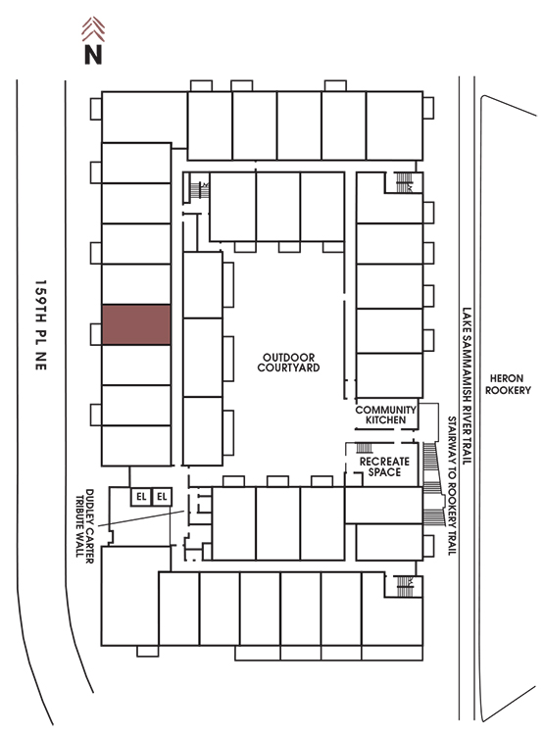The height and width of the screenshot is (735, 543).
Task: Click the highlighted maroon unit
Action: (136, 324)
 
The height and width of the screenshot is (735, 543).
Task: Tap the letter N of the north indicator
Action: (93, 54)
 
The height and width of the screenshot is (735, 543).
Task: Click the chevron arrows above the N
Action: (93, 28)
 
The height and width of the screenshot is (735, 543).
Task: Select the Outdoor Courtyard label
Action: (288, 363)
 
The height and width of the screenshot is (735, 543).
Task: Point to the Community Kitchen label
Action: (385, 415)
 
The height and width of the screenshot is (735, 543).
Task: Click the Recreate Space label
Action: (384, 466)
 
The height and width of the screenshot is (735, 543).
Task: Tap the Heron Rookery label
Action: (508, 384)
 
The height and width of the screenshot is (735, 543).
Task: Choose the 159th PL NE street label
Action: (41, 325)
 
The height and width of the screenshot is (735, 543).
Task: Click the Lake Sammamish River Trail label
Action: (467, 385)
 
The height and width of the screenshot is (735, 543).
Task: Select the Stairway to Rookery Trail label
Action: (452, 486)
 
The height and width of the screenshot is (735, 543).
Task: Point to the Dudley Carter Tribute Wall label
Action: (84, 526)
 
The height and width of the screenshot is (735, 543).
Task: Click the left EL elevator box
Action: (141, 497)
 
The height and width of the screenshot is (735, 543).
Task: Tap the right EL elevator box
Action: (162, 497)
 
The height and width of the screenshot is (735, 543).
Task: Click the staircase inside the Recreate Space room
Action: (365, 448)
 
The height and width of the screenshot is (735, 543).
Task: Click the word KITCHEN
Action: (385, 420)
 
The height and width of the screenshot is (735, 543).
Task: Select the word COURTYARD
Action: (288, 367)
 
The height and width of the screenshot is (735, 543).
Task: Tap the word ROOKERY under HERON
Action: (508, 390)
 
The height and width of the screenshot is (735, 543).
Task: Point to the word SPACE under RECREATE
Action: (384, 472)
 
